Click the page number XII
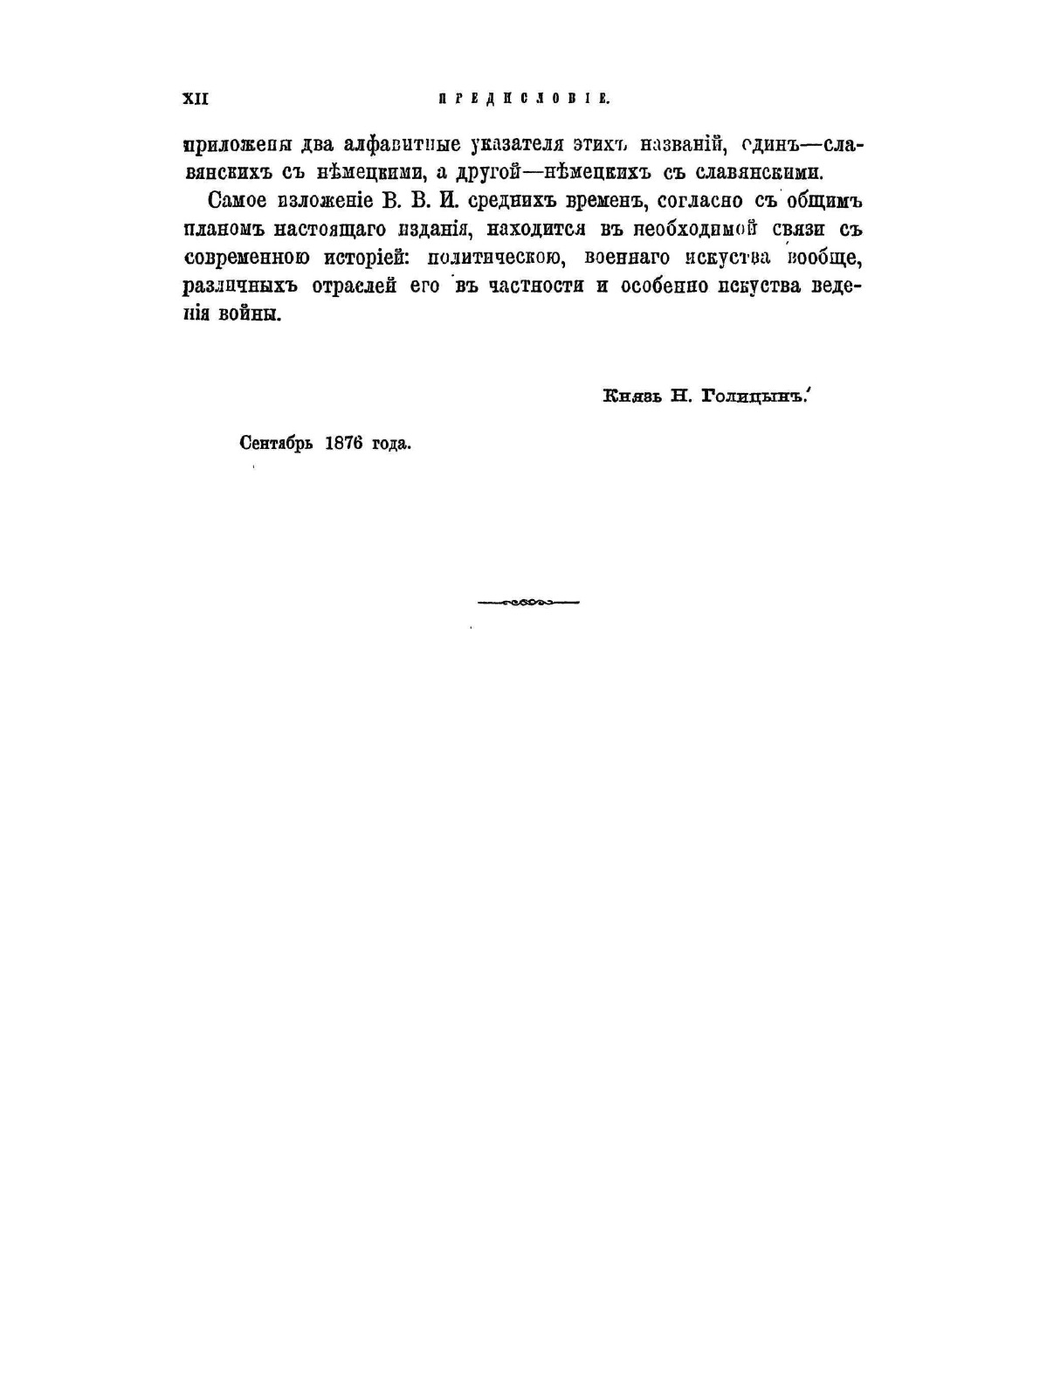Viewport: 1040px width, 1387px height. (x=195, y=99)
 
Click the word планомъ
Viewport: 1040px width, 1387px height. (x=222, y=230)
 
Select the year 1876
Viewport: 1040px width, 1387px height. (x=343, y=443)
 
